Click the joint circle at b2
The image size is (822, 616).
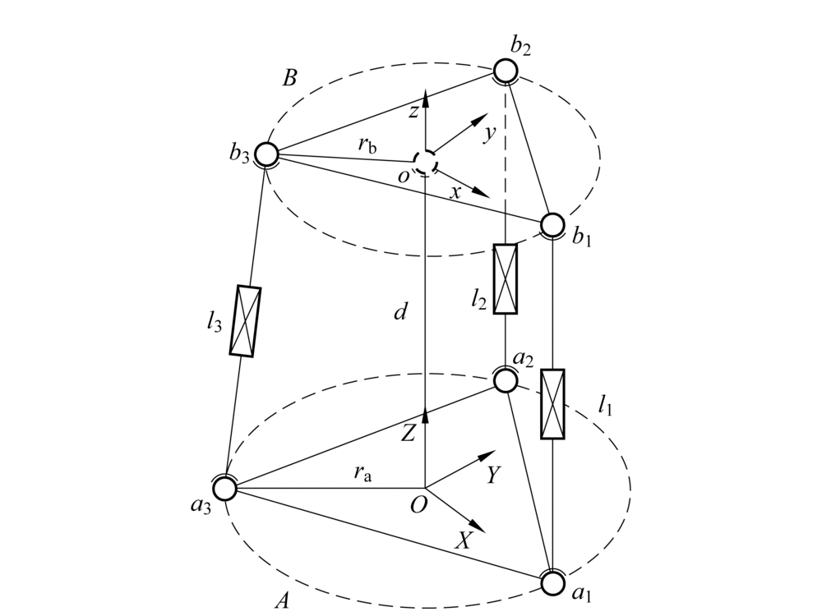point(506,71)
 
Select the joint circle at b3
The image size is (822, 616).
point(266,154)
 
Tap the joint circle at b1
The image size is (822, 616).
point(552,224)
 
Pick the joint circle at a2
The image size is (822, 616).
point(506,380)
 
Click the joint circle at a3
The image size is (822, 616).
point(225,489)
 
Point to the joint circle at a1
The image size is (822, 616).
point(552,582)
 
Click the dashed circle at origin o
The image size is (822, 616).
point(424,162)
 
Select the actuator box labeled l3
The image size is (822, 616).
point(245,321)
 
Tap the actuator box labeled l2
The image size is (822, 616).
point(506,278)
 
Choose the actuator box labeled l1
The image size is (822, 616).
point(552,404)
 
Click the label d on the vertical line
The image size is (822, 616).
point(401,313)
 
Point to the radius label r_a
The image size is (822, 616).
point(362,472)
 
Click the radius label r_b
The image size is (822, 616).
point(367,145)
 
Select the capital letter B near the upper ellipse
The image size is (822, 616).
point(289,80)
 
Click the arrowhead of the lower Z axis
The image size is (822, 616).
point(425,412)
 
